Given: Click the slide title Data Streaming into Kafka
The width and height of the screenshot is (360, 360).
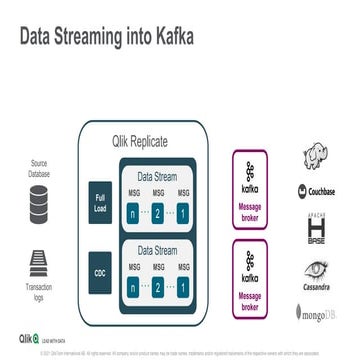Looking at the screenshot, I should point(109,37).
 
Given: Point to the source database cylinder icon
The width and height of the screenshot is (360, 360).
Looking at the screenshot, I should point(38,208).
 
